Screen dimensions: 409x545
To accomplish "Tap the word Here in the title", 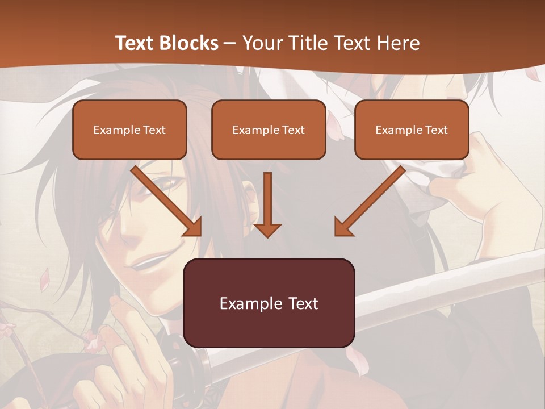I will click(x=399, y=43).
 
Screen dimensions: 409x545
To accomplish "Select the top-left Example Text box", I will click(x=129, y=130).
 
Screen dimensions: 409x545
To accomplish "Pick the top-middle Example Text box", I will click(x=269, y=130).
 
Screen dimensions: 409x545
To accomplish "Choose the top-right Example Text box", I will click(x=412, y=130).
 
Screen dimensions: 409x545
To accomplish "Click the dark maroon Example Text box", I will click(x=269, y=303).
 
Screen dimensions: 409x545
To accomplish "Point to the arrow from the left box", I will click(x=167, y=201).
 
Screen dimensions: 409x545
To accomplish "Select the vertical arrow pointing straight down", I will click(x=267, y=204).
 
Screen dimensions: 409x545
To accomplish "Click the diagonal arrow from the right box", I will click(x=370, y=201).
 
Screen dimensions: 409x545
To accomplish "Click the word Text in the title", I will click(x=135, y=43).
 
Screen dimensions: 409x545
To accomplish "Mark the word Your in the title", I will click(x=261, y=43).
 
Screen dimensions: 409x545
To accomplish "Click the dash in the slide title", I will click(x=230, y=43).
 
